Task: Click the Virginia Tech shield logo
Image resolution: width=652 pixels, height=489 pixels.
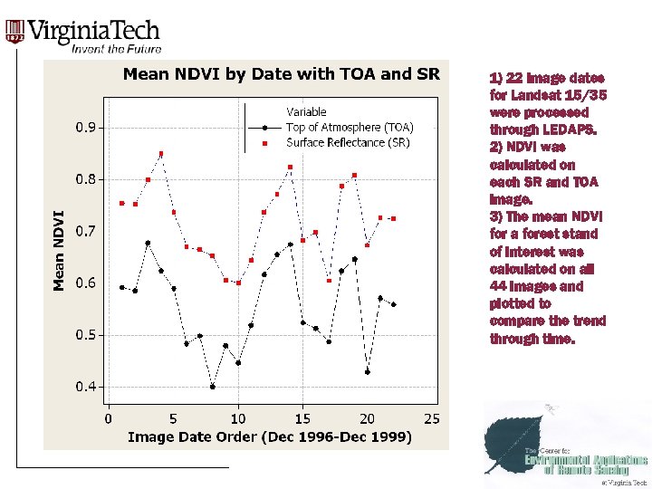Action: [14, 33]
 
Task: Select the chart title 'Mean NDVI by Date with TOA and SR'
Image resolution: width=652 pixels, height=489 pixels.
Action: [281, 74]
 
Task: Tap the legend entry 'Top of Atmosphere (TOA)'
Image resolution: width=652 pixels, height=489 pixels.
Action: [350, 128]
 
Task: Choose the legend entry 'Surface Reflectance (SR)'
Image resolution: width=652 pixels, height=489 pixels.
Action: [348, 143]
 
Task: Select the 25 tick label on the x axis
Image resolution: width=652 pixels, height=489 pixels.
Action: [432, 418]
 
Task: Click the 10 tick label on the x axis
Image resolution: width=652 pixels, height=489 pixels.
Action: [237, 418]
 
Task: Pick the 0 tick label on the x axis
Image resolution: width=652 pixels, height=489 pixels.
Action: [109, 418]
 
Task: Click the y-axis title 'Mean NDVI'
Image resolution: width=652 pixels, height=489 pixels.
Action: [59, 251]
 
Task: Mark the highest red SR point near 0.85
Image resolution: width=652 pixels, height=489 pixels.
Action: [160, 154]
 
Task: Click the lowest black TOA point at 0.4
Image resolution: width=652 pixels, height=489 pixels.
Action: [212, 387]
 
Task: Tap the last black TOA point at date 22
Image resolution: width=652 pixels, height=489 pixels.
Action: [393, 304]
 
